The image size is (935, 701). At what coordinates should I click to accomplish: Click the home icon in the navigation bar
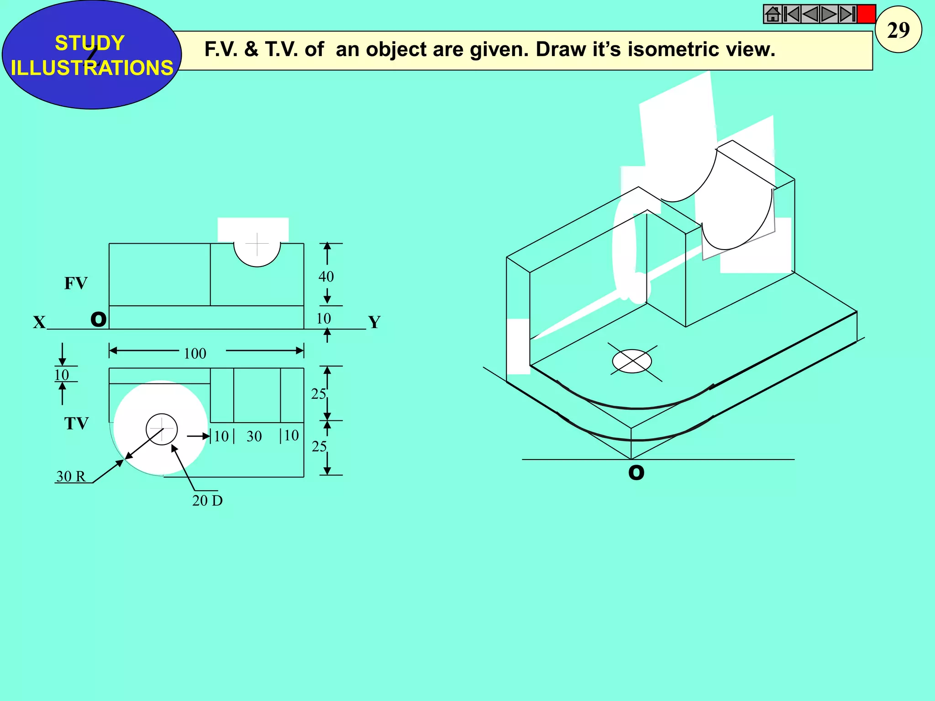[x=772, y=14]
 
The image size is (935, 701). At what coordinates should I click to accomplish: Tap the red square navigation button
[x=866, y=14]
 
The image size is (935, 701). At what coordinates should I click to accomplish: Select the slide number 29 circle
[x=898, y=30]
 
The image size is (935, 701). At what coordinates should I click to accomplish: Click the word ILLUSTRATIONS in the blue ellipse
[x=92, y=68]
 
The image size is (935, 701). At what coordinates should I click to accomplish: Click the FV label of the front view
[x=76, y=283]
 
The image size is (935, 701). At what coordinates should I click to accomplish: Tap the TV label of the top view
[x=76, y=424]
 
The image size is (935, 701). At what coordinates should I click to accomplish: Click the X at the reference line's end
[x=39, y=323]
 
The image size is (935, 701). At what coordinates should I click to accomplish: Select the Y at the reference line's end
[x=374, y=323]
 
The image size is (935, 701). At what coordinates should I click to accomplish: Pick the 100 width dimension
[x=195, y=354]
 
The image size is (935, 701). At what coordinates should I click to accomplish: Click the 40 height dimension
[x=326, y=277]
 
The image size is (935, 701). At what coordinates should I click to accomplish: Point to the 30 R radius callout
[x=71, y=476]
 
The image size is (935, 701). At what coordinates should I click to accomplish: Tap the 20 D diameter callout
[x=207, y=501]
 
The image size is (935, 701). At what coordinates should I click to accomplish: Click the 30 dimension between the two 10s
[x=254, y=437]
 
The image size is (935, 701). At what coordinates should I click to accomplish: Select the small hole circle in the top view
[x=162, y=429]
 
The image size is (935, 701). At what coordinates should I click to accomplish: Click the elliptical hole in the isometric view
[x=632, y=361]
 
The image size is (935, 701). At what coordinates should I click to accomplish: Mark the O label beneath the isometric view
[x=636, y=473]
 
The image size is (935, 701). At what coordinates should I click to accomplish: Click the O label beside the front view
[x=99, y=319]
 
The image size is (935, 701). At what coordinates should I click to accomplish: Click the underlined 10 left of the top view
[x=62, y=375]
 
